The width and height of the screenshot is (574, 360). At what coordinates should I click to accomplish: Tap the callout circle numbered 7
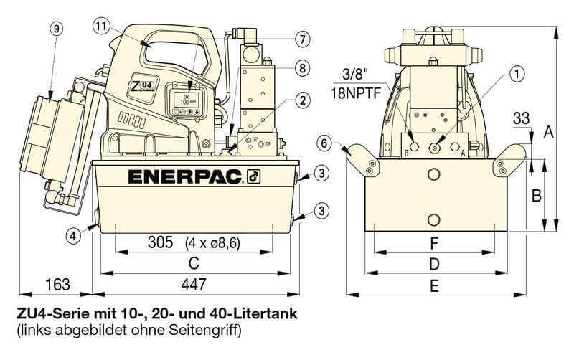point(302,38)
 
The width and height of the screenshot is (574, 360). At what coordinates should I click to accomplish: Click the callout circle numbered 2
point(302,100)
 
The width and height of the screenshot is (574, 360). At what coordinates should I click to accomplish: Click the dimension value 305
point(159,242)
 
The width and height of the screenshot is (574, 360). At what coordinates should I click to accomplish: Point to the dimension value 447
point(193,285)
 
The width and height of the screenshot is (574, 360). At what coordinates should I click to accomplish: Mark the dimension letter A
point(549,131)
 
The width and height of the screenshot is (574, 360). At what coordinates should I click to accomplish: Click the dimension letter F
point(433,242)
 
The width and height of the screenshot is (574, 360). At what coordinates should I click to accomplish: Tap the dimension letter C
point(193,263)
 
